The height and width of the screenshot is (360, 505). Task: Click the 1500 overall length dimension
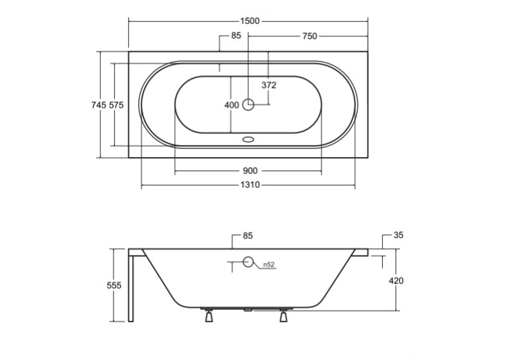(x=250, y=21)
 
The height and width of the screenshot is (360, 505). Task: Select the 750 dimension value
(x=310, y=36)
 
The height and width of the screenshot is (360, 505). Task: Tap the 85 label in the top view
(x=236, y=36)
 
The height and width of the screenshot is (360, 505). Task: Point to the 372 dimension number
(x=269, y=85)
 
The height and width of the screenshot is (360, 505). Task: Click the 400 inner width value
(x=232, y=105)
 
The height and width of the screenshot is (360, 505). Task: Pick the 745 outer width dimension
(x=98, y=105)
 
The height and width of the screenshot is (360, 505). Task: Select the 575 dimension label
(x=116, y=105)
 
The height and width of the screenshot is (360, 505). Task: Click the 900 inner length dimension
(x=250, y=171)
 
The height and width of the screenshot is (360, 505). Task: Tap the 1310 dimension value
(x=250, y=185)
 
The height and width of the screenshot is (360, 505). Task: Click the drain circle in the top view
(x=248, y=104)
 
